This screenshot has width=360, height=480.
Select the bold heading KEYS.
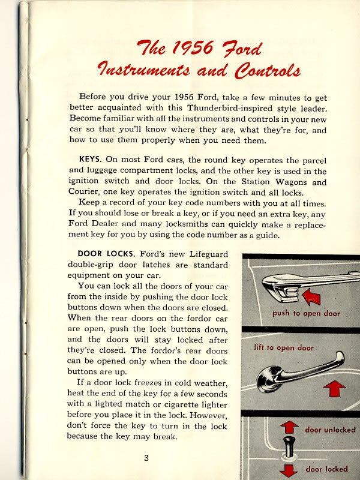[x=91, y=160]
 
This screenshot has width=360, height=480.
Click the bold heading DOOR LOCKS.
[x=104, y=254]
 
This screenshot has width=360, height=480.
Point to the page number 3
[x=146, y=458]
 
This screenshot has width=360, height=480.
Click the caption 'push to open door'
[x=305, y=313]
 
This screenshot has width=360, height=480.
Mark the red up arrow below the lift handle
[x=334, y=389]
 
